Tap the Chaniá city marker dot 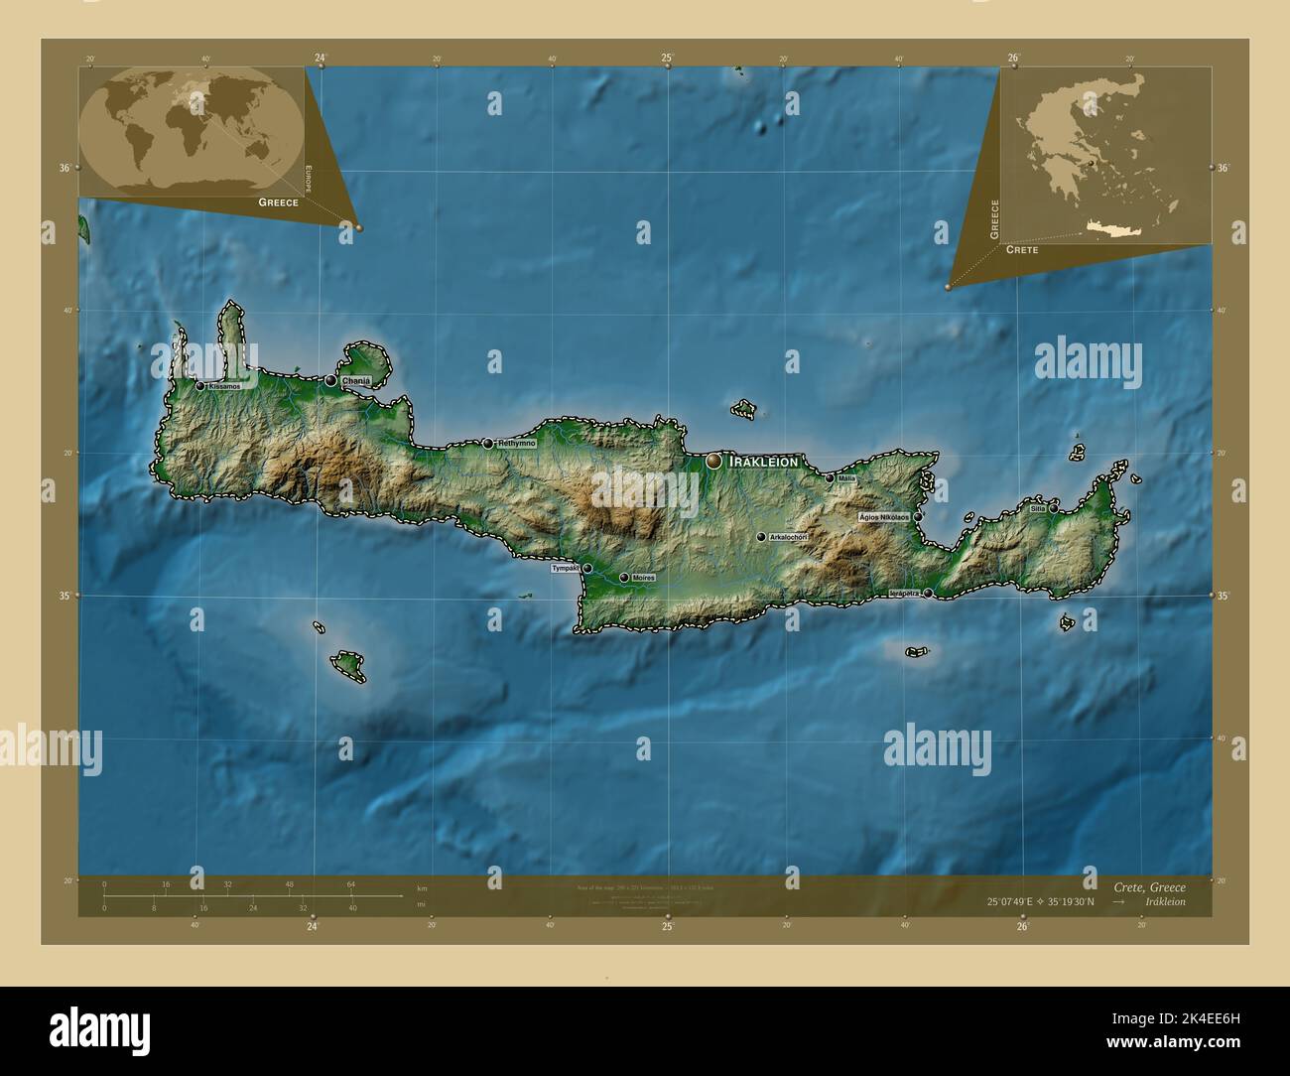[330, 380]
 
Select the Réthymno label [517, 443]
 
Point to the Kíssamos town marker [200, 386]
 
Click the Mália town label [846, 478]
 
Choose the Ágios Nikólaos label [884, 517]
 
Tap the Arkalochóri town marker [761, 537]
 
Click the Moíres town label [643, 578]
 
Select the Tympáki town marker [587, 569]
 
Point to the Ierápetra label [903, 594]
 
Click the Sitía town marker [1054, 509]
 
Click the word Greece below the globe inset [278, 202]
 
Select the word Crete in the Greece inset [1022, 250]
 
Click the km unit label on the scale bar [422, 887]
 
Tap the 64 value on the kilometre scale [351, 883]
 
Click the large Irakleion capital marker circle [714, 462]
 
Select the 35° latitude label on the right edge [1223, 596]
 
